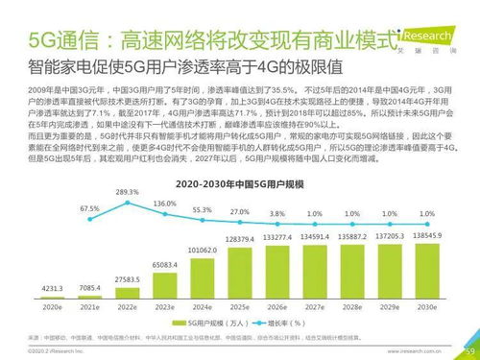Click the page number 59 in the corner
point(469,351)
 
